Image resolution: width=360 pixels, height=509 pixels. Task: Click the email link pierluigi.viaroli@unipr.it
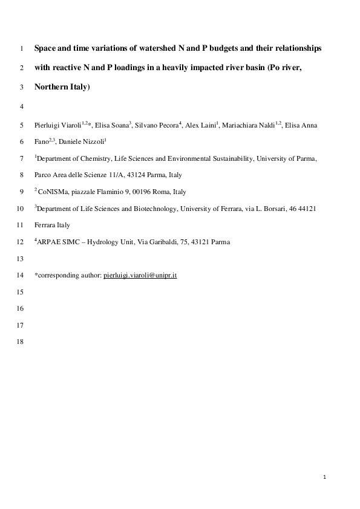140,275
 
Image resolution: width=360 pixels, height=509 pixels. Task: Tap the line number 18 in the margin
22,342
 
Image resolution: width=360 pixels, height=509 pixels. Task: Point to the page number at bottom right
325,478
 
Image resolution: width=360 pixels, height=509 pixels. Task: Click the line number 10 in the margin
22,209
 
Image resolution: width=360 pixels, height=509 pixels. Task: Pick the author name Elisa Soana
114,125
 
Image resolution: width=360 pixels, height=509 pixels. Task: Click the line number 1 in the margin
22,47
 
